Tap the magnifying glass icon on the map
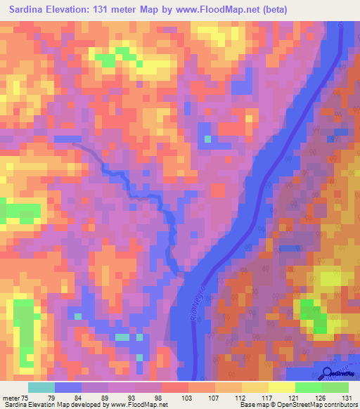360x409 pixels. pyautogui.click(x=327, y=374)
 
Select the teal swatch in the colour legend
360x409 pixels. pyautogui.click(x=41, y=387)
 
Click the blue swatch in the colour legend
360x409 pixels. pyautogui.click(x=68, y=387)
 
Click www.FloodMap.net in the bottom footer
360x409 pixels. pyautogui.click(x=134, y=405)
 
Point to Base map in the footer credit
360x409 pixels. pyautogui.click(x=252, y=405)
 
